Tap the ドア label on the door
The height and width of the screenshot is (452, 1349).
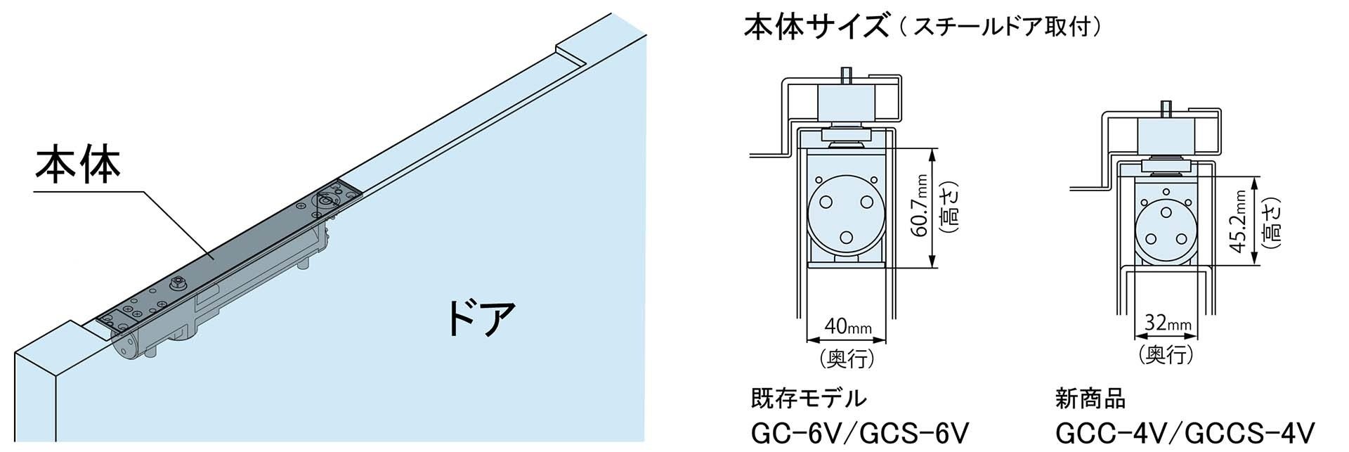[x=482, y=318]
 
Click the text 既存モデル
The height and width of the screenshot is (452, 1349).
[x=809, y=399]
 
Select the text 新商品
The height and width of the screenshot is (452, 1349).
[x=1090, y=399]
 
